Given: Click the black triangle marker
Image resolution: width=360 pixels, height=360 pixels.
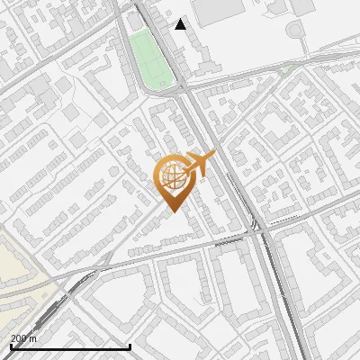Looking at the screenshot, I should point(181,24).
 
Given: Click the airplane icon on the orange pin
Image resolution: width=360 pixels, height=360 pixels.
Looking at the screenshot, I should point(198,165).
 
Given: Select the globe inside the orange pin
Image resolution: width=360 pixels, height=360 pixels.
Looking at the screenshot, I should point(171,176).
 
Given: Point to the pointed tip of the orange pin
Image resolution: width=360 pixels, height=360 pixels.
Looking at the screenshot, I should point(171,211).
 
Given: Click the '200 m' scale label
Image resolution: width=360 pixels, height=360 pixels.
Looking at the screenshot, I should point(24,338).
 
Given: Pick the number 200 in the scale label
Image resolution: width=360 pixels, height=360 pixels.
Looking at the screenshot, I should point(20,338).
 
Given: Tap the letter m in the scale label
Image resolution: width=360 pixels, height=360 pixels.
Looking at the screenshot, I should point(33,338).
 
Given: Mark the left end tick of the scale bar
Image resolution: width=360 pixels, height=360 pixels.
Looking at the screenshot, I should point(11,346).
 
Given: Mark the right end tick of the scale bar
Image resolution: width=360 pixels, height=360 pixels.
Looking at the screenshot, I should point(130,346).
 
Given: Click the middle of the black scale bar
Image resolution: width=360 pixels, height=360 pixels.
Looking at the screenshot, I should point(70,346).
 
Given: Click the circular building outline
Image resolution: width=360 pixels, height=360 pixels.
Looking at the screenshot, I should point(295,31).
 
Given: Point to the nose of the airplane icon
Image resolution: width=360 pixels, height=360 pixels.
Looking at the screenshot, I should point(214,157).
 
